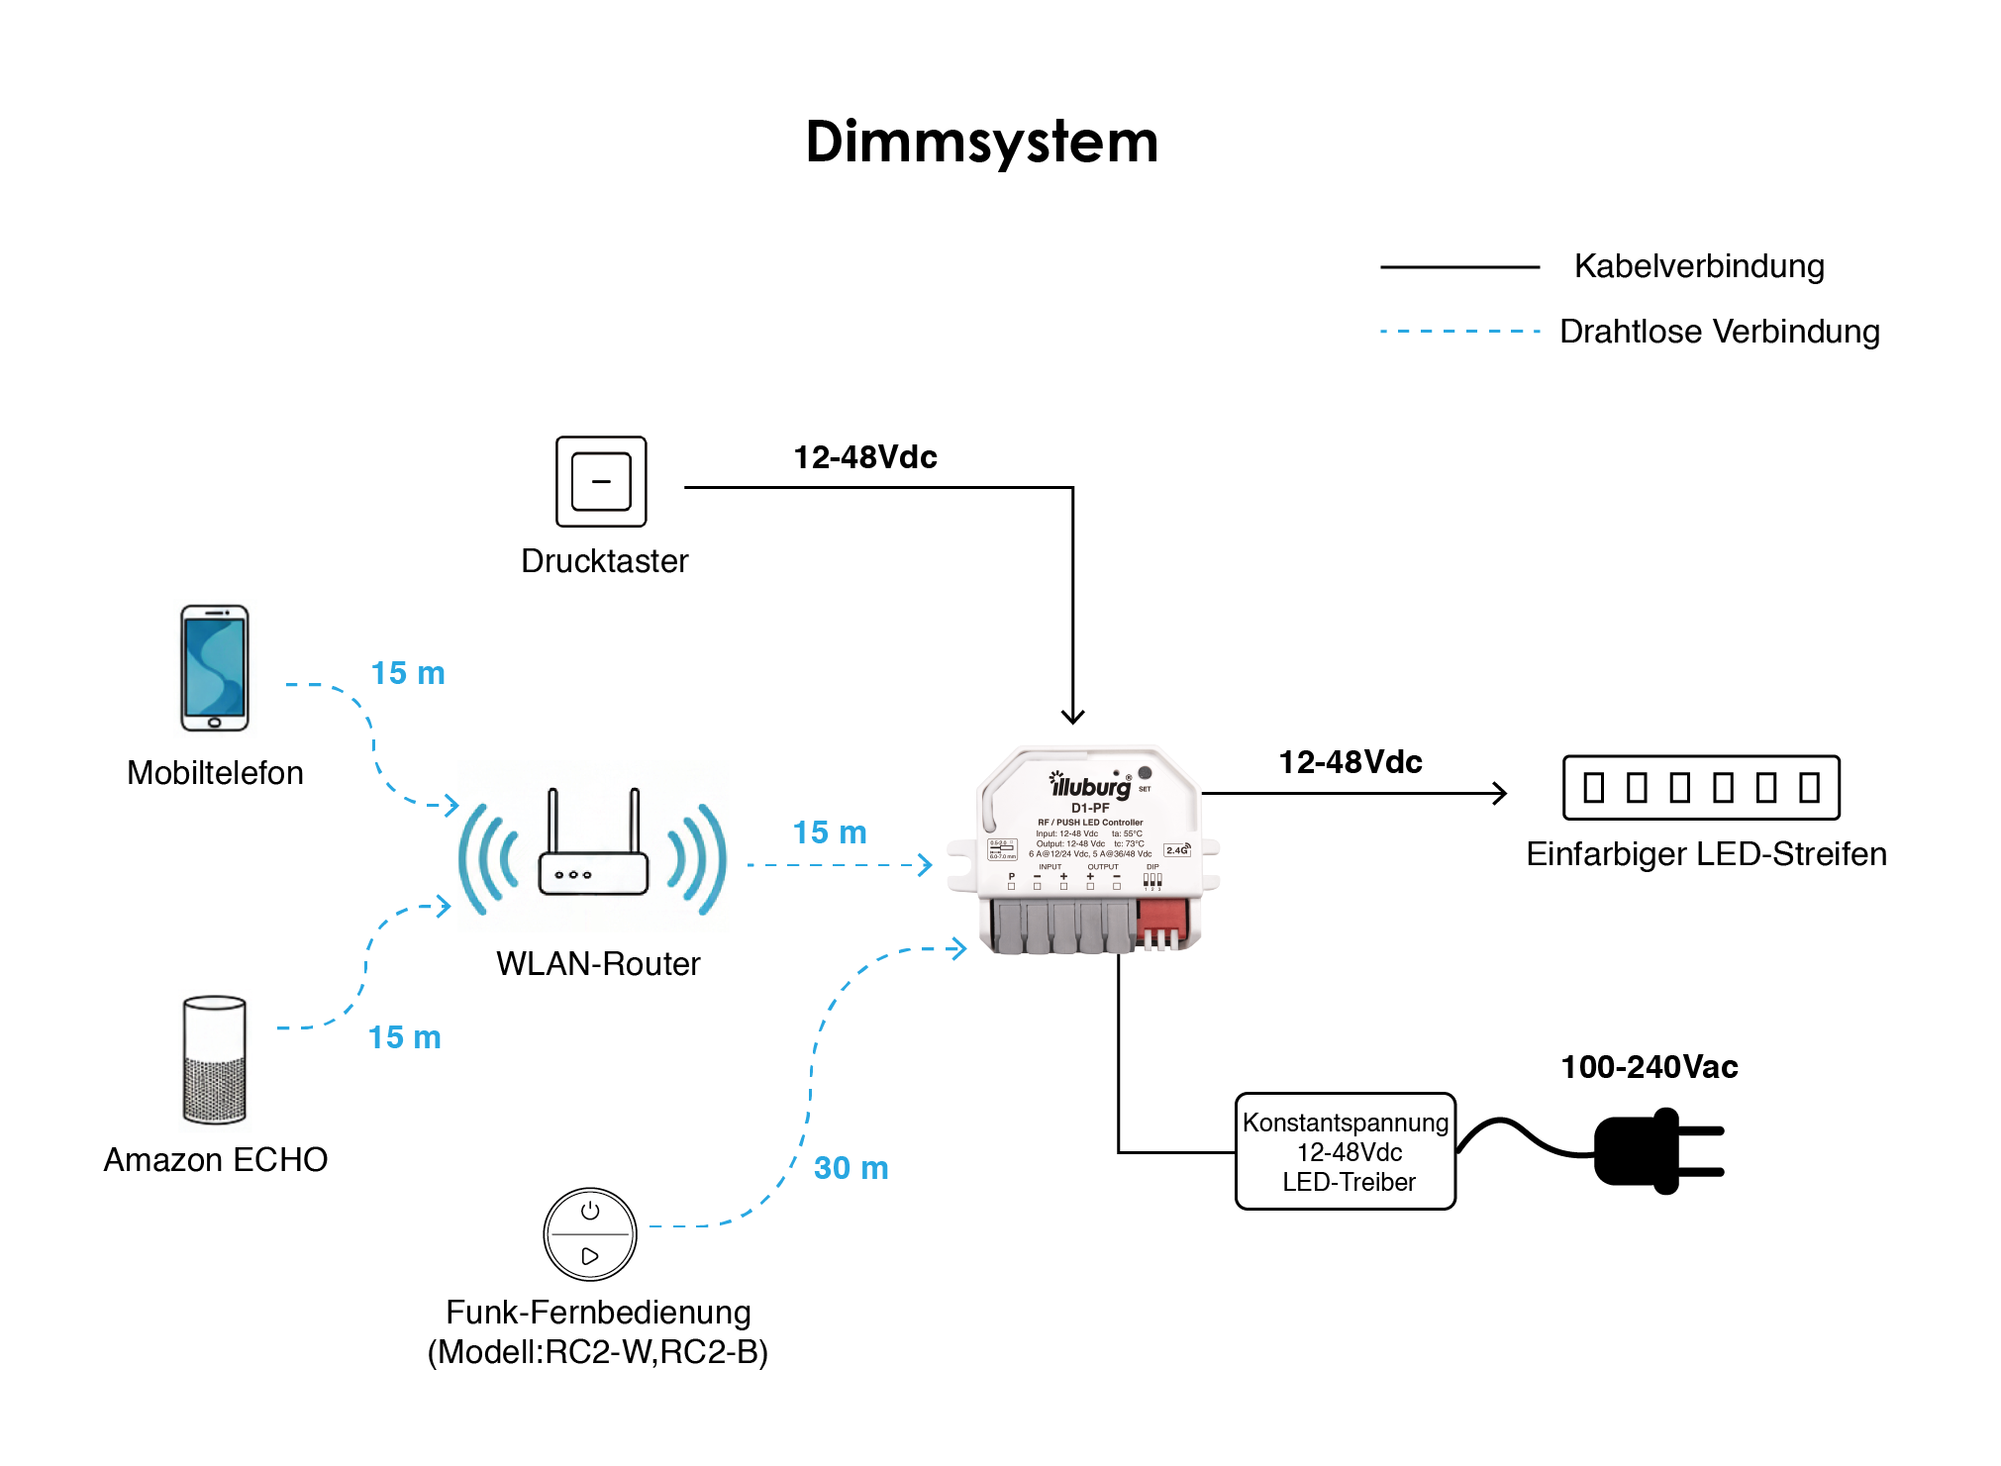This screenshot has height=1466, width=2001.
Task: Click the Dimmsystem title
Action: coord(981,142)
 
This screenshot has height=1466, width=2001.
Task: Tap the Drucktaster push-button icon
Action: coord(601,481)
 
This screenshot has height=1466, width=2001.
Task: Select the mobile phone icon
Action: coord(215,668)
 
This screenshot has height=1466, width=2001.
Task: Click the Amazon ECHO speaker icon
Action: coord(215,1060)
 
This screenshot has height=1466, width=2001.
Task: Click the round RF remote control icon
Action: coord(590,1233)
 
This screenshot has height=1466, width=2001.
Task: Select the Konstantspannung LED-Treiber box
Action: coord(1346,1151)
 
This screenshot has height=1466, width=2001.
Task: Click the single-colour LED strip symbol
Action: coord(1701,788)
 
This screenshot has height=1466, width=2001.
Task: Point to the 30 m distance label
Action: coord(850,1168)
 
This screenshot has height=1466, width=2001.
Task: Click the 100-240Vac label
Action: coord(1649,1067)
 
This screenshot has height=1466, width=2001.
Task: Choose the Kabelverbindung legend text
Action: coord(1699,266)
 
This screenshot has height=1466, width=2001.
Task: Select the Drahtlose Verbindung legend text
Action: coord(1719,332)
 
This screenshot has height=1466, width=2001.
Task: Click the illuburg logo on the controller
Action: coord(1090,786)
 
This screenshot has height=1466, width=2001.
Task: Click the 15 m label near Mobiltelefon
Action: coord(408,673)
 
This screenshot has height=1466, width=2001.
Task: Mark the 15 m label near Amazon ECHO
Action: coord(405,1037)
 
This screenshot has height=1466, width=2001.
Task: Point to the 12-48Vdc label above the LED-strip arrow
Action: coord(1351,762)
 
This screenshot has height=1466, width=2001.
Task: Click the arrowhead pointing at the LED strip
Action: coord(1501,793)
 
